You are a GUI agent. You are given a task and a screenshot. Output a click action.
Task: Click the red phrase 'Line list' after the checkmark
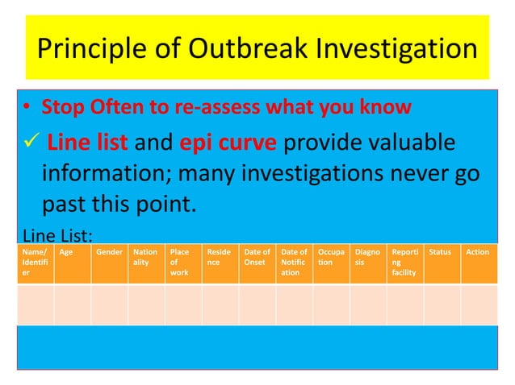pyautogui.click(x=84, y=143)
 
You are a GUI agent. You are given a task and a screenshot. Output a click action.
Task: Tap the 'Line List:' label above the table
pyautogui.click(x=56, y=236)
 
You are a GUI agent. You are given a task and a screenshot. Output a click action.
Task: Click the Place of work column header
pyautogui.click(x=182, y=263)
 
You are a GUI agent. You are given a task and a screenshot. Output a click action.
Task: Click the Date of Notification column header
pyautogui.click(x=294, y=263)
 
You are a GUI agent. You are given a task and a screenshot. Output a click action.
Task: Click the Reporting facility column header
pyautogui.click(x=404, y=263)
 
